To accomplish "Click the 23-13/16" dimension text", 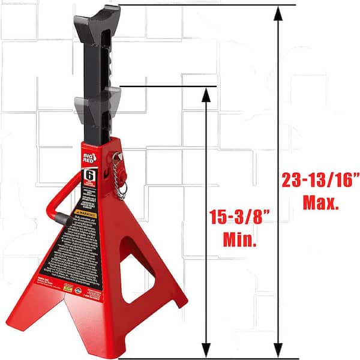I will [x=319, y=179].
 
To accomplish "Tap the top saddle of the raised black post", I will [x=97, y=15].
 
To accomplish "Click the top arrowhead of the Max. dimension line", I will [x=278, y=13].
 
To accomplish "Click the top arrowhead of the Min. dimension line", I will [x=206, y=93].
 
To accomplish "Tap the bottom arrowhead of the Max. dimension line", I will [x=278, y=350].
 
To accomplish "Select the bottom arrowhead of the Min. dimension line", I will [x=206, y=350].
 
